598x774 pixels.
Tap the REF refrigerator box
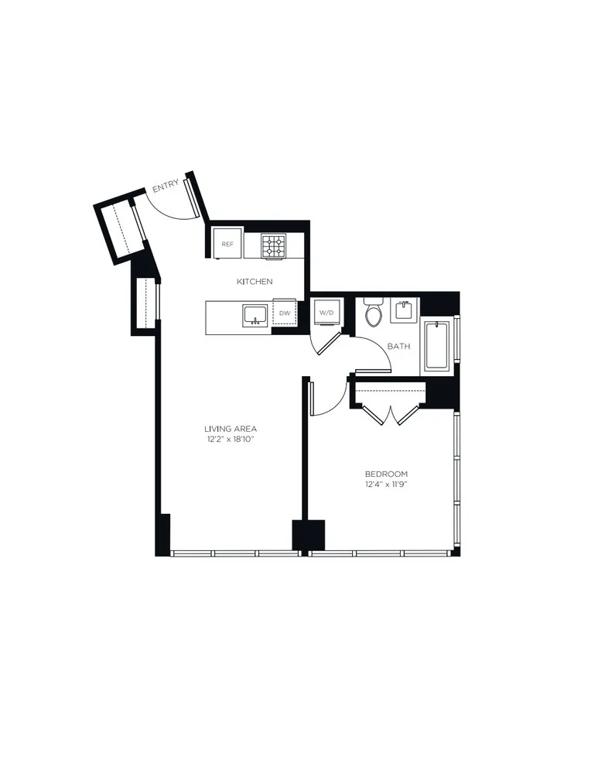(227, 244)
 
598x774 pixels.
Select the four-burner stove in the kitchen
(273, 245)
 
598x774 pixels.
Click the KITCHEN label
(255, 282)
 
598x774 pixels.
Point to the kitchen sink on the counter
(255, 315)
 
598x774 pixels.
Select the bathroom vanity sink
(405, 311)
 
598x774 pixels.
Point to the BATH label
(398, 346)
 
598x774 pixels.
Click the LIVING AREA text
(231, 429)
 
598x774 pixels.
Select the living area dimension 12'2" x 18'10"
(231, 440)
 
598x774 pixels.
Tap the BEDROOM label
(386, 474)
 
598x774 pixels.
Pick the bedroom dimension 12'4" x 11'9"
(386, 485)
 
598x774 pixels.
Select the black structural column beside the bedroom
(307, 535)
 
